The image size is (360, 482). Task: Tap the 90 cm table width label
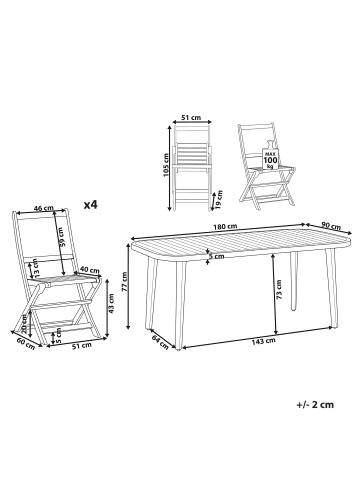[331, 225]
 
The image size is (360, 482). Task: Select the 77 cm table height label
[124, 282]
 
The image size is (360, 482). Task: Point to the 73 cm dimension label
[279, 289]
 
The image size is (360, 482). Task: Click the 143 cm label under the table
[264, 340]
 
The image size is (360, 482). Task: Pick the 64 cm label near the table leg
[160, 342]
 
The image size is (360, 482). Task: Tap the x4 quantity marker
[90, 205]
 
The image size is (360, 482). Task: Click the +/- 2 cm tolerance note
[315, 405]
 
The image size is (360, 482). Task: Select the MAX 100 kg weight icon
[270, 157]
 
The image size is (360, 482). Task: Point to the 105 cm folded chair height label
[168, 165]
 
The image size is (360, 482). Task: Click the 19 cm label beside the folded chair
[219, 199]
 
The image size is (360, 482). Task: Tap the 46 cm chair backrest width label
[44, 208]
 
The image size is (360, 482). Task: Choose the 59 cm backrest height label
[62, 237]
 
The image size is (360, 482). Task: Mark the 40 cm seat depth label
[90, 270]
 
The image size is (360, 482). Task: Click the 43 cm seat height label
[111, 303]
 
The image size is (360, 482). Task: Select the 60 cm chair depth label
[26, 343]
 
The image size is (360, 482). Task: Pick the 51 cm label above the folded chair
[191, 117]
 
